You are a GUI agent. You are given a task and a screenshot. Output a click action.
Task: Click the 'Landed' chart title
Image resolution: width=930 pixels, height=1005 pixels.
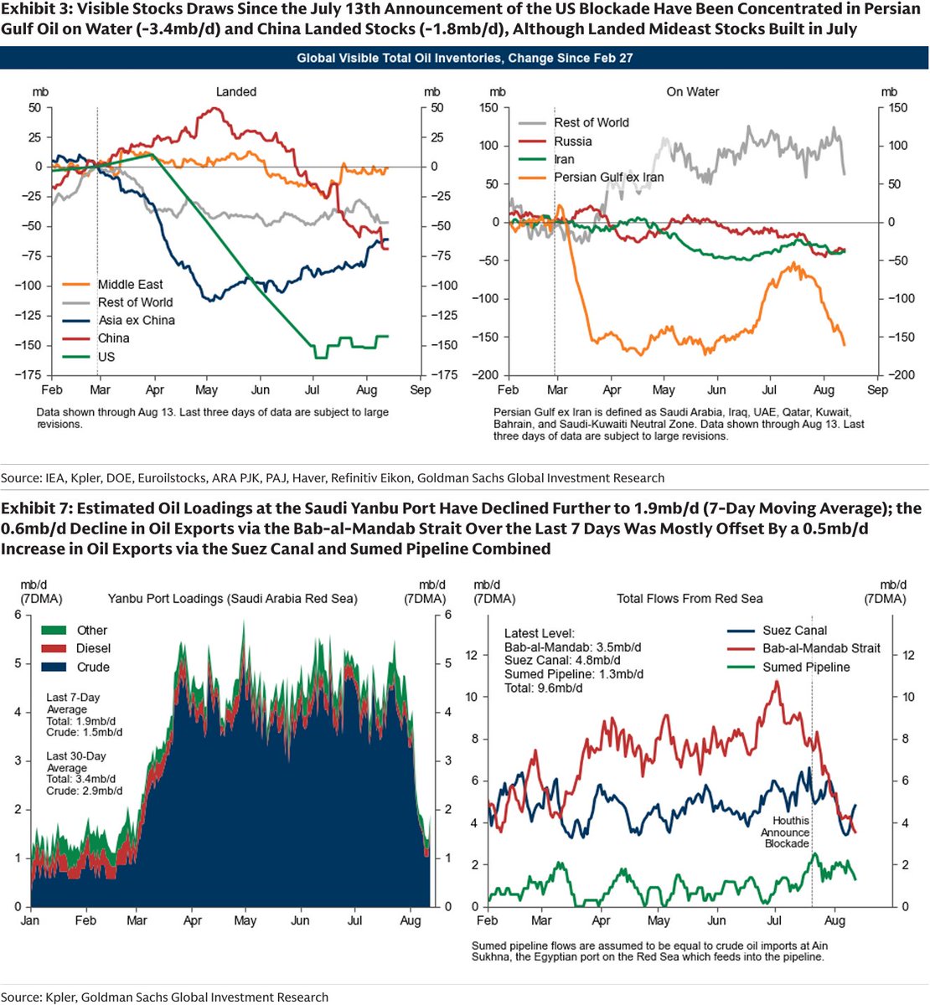point(236,91)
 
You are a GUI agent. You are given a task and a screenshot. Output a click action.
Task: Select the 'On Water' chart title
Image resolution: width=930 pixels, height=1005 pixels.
point(692,91)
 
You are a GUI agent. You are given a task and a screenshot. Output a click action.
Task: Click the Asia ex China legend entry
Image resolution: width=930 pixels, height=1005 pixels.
point(118,320)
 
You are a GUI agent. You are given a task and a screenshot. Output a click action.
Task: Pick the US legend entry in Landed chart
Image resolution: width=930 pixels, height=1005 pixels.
point(89,357)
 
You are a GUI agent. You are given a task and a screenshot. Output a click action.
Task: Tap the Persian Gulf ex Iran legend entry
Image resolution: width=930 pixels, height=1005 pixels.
point(591,177)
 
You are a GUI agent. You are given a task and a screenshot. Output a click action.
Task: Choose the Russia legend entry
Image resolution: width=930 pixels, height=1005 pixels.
point(555,142)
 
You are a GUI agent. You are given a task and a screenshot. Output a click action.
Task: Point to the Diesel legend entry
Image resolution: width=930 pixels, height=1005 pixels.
point(75,648)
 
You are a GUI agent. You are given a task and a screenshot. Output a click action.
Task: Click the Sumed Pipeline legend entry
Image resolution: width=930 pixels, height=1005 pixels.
point(788,667)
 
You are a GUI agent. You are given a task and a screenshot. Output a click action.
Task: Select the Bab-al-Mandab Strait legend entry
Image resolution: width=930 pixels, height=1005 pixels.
point(803,648)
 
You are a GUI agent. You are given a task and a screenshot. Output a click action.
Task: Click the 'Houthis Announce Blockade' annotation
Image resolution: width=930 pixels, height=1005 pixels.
point(785,832)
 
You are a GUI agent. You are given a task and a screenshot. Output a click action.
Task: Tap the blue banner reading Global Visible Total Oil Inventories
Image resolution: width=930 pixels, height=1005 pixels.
point(464,58)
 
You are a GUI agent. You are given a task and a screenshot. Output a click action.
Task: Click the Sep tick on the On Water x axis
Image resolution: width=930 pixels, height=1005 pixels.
point(877,390)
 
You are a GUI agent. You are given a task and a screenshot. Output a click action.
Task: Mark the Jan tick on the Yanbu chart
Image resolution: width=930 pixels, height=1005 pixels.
point(30,920)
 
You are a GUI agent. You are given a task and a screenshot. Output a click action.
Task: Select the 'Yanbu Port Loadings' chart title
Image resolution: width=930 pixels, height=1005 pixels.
point(232,599)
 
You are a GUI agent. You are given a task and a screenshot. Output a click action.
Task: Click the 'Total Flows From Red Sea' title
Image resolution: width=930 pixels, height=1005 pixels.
point(690,599)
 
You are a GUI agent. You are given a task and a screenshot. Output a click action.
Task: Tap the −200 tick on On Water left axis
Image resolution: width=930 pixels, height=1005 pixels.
point(485,375)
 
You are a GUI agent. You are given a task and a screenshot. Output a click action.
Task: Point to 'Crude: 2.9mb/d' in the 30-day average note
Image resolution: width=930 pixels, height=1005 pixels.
point(84,791)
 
